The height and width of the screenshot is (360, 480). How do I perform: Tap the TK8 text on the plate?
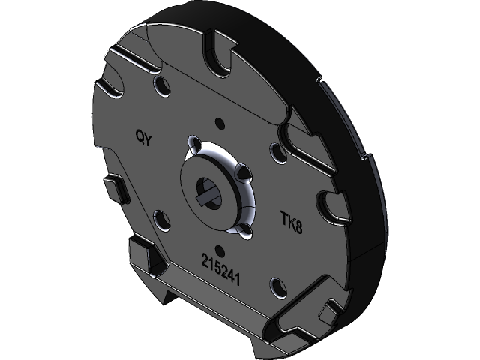pos(292,220)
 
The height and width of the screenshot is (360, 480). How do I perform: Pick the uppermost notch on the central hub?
pos(196,144)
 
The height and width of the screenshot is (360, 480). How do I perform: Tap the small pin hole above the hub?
pos(219,123)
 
